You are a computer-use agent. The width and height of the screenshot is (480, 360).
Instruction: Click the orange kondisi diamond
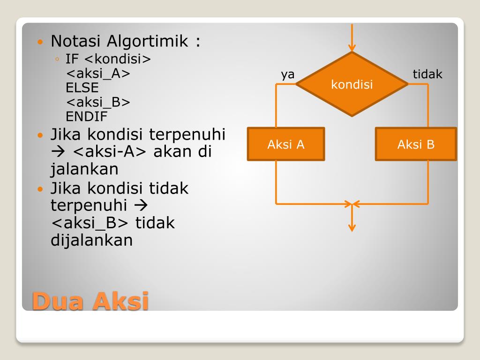tap(352, 84)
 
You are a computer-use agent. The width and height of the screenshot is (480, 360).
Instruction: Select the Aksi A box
tap(286, 144)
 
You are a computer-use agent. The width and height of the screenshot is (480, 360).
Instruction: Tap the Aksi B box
tap(416, 144)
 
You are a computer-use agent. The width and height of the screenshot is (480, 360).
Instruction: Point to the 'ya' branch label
tap(287, 75)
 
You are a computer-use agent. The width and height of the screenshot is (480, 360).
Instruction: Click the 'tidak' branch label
tap(427, 74)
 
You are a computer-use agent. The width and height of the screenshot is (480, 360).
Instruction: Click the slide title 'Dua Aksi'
tap(90, 301)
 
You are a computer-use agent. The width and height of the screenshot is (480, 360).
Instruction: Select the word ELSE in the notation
tap(82, 88)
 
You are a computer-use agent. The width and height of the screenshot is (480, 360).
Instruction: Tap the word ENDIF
tap(86, 116)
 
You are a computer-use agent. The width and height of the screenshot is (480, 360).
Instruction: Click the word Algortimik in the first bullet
tap(147, 41)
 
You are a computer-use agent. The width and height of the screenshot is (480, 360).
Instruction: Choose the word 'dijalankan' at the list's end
tap(91, 240)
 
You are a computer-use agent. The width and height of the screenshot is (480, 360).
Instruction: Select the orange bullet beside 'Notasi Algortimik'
tap(40, 42)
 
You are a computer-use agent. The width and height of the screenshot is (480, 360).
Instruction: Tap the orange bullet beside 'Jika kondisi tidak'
tap(40, 189)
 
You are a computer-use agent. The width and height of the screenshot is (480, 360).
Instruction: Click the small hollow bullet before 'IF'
tap(57, 59)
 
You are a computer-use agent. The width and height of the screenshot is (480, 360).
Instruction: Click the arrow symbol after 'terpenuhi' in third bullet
tap(141, 205)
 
